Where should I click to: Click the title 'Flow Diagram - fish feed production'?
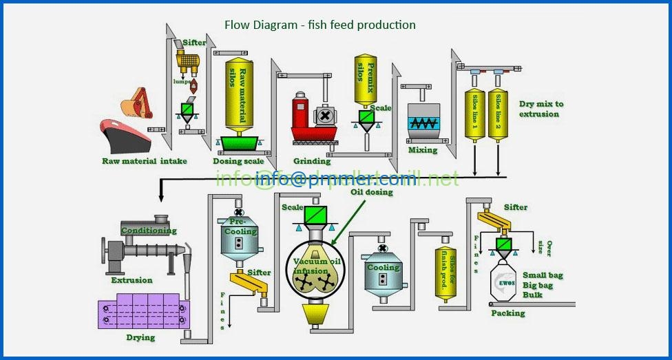pos(320,25)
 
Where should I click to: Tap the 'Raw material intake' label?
pos(144,161)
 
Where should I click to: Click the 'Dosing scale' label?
pos(238,161)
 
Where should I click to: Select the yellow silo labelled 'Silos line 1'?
pos(474,114)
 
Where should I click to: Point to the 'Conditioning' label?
pos(149,231)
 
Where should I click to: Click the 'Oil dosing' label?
pos(371,192)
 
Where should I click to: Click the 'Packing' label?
pos(508,313)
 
